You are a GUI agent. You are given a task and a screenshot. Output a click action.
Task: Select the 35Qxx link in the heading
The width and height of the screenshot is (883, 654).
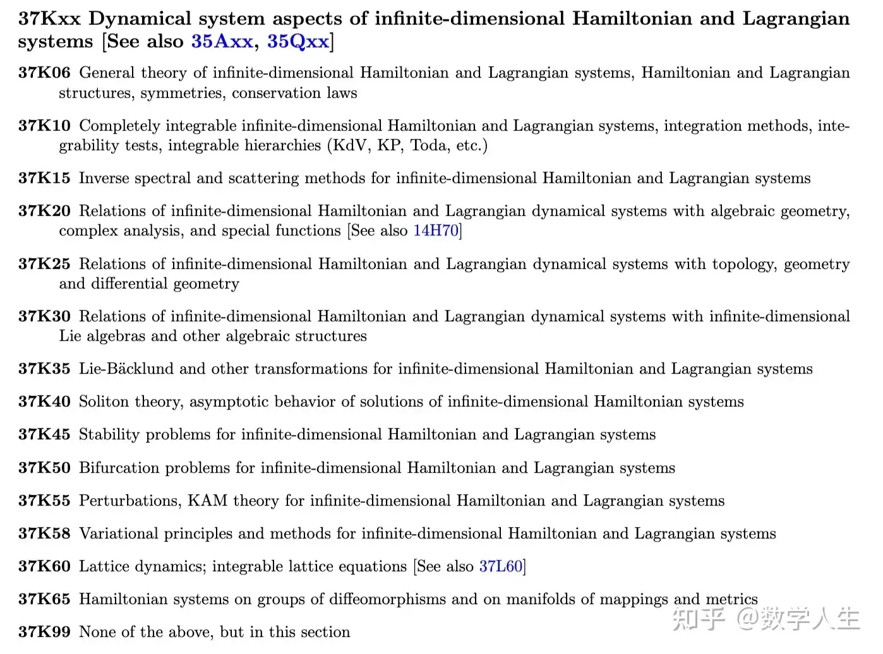coord(297,42)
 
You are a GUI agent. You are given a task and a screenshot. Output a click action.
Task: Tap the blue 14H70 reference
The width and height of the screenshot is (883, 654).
coord(436,230)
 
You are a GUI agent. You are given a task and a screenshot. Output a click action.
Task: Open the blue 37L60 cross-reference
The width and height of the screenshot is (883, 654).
coord(501,566)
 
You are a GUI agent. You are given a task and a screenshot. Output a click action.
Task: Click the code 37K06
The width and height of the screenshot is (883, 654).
coord(44,73)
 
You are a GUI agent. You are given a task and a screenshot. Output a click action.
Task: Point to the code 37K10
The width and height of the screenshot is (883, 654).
coord(44,126)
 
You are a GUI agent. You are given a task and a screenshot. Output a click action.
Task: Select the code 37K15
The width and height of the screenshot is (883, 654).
coord(44,178)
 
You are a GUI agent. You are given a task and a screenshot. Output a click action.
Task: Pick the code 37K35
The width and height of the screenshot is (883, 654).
coord(44,369)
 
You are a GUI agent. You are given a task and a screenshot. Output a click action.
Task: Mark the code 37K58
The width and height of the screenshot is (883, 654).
coord(44,533)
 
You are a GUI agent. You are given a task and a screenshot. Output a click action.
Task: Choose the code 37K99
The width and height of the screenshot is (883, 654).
coord(44,632)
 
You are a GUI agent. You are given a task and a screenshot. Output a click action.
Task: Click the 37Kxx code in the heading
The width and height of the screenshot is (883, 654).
coord(49,18)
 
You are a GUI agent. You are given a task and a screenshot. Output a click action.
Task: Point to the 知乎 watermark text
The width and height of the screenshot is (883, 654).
coord(698,619)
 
